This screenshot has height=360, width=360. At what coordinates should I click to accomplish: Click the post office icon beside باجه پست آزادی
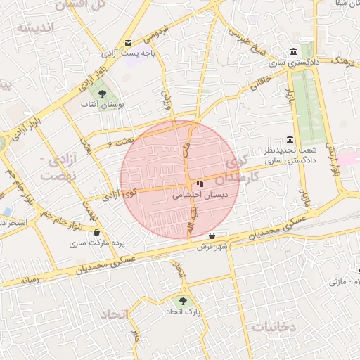pyautogui.click(x=127, y=42)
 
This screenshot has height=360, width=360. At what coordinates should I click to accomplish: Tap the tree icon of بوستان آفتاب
pyautogui.click(x=103, y=93)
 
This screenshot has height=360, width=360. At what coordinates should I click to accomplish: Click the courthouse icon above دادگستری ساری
pyautogui.click(x=293, y=53)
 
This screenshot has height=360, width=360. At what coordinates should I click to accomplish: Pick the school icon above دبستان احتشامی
pyautogui.click(x=200, y=184)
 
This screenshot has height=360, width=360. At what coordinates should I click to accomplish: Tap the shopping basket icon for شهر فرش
pyautogui.click(x=223, y=235)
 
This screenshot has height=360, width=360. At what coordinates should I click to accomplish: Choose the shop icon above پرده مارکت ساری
pyautogui.click(x=96, y=233)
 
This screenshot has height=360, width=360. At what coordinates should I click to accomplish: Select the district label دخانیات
pyautogui.click(x=274, y=328)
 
